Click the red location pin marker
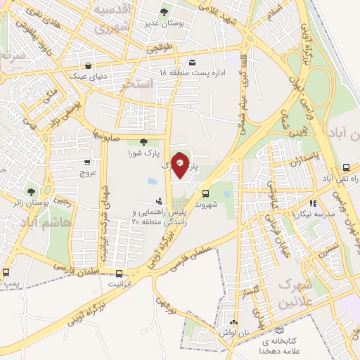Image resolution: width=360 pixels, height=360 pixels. [x=181, y=166]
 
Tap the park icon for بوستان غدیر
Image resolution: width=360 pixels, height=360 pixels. [x=164, y=11]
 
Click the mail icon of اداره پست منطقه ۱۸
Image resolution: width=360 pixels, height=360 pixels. [x=193, y=62]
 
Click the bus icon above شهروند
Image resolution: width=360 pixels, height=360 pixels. [x=205, y=193]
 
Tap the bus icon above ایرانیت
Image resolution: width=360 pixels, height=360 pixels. [x=119, y=273]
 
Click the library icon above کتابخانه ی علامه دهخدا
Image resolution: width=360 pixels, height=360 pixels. [x=280, y=330]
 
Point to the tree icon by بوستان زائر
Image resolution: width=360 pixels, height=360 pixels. [x=31, y=191]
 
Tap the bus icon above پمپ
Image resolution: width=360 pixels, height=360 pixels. [x=6, y=272]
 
